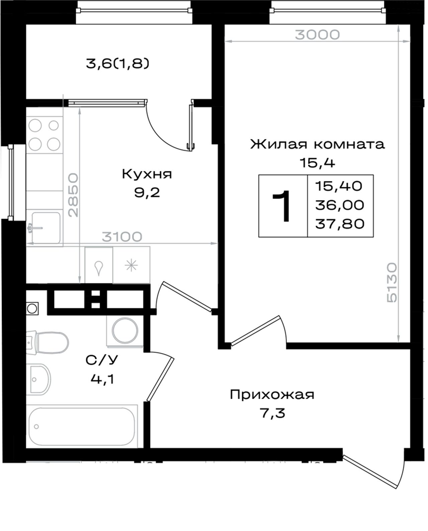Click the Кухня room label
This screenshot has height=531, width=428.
pos(147,174)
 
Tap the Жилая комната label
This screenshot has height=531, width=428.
pos(317,144)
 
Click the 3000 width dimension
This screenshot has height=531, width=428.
pos(317,34)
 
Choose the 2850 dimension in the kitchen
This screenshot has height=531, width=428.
pos(74,195)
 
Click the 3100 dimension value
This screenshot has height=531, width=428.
pos(122,237)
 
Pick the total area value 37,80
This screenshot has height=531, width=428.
pos(340,224)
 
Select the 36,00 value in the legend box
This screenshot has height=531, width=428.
pos(340,205)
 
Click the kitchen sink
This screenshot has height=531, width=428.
pos(45,228)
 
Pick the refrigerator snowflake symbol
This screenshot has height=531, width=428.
pos(131,265)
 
